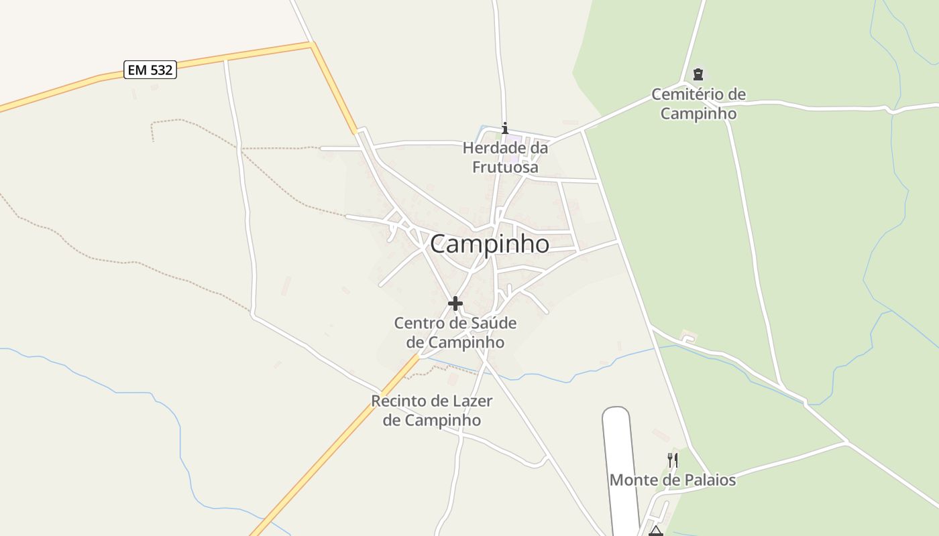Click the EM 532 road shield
[150, 70]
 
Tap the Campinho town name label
[489, 245]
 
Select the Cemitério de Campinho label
[698, 104]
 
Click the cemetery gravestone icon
[698, 74]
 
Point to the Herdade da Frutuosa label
[505, 157]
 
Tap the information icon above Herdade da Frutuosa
[505, 128]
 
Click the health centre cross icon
[455, 304]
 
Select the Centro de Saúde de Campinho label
[455, 332]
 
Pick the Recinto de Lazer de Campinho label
[432, 411]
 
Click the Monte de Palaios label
[672, 480]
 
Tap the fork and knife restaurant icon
[673, 460]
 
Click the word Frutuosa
[505, 167]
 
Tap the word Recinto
[399, 401]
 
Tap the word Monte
[633, 480]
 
